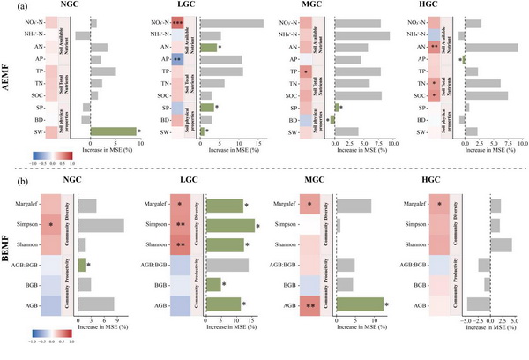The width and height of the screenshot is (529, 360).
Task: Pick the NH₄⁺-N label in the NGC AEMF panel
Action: point(50,34)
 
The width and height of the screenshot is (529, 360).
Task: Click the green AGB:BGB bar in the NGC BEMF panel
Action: point(82,264)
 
